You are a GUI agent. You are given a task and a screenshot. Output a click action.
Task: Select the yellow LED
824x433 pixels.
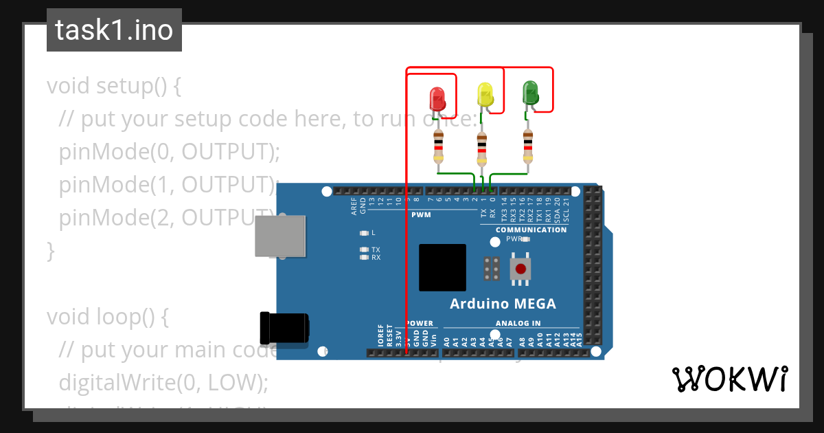(x=485, y=95)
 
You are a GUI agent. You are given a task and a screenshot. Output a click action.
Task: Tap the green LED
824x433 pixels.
(x=530, y=93)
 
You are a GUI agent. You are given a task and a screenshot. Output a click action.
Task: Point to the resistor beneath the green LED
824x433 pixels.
(x=528, y=144)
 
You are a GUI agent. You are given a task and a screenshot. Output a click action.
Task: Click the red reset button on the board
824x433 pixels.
(x=521, y=268)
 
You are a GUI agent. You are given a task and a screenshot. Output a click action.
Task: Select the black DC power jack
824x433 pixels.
(x=284, y=327)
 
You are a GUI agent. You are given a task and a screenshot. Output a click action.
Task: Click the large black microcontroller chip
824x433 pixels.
(x=442, y=267)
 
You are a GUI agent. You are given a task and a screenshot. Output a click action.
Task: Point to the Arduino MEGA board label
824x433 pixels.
(x=503, y=304)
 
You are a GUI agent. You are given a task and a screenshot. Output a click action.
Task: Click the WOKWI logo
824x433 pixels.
(x=729, y=379)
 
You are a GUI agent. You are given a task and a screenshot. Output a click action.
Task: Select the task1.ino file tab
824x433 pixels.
(x=114, y=30)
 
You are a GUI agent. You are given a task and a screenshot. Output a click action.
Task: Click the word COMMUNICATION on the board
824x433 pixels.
(x=531, y=230)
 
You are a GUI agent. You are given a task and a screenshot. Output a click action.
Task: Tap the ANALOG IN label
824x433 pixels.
(x=518, y=323)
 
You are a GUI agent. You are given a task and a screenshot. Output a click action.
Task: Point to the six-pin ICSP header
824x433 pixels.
(x=491, y=269)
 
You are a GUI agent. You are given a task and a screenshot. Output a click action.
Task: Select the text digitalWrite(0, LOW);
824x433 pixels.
(x=163, y=383)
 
